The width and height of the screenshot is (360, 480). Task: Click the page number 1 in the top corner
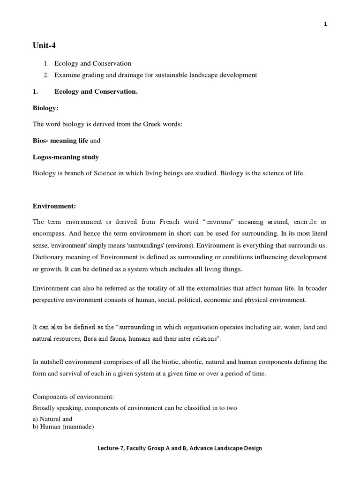[x=325, y=25]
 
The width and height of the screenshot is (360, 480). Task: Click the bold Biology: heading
[x=45, y=108]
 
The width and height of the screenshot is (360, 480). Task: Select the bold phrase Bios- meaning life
[x=60, y=140]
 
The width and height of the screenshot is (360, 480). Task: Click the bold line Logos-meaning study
[x=66, y=157]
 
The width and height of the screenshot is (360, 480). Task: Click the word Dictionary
[x=49, y=257]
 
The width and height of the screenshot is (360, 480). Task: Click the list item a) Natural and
[x=52, y=419]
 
